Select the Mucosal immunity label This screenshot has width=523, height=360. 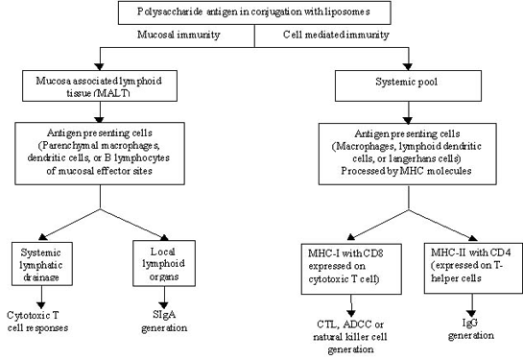(178, 35)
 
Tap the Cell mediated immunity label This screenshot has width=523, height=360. (336, 35)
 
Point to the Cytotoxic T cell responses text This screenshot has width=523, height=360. (37, 322)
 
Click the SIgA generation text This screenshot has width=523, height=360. (164, 321)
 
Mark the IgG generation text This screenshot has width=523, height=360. (471, 329)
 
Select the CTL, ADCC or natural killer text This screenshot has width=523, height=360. (350, 330)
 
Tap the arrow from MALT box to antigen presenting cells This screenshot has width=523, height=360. (100, 111)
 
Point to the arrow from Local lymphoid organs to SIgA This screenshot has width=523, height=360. (164, 298)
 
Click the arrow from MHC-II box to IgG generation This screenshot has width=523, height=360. (471, 305)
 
